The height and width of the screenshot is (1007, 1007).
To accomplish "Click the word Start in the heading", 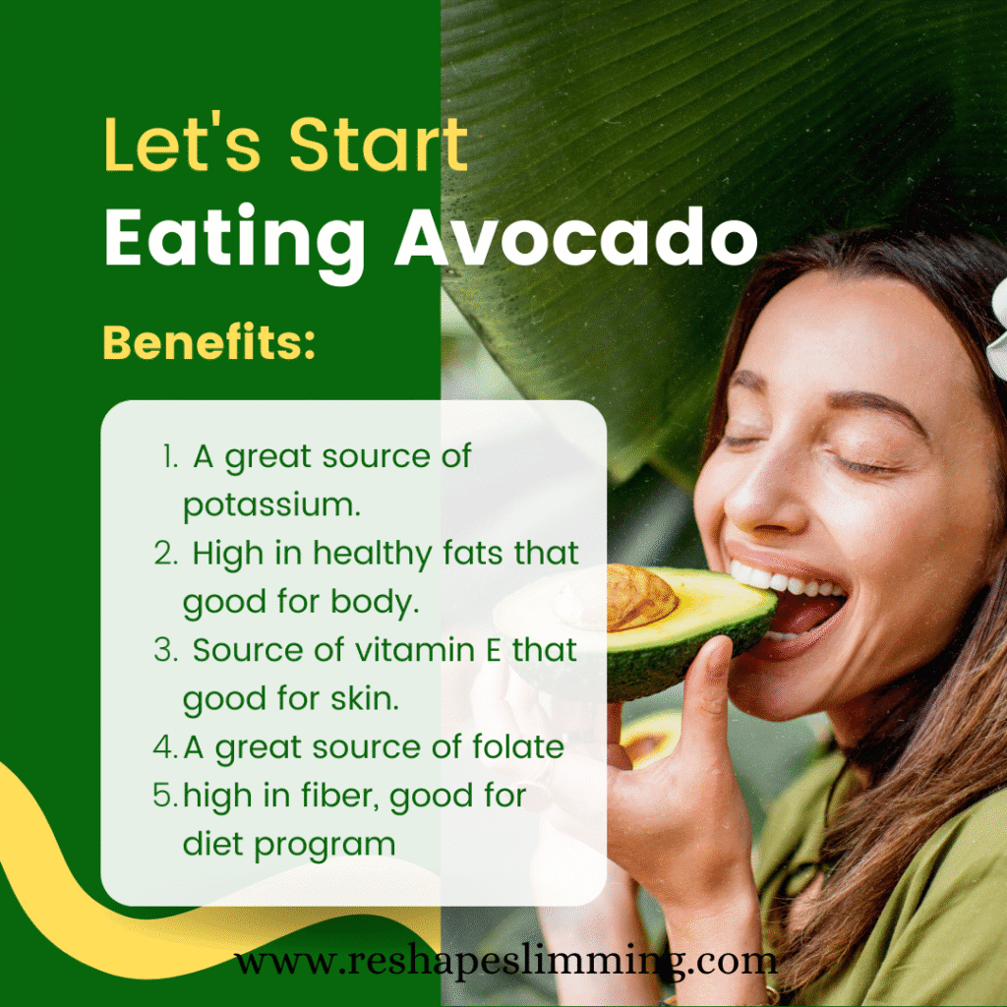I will pos(377,145).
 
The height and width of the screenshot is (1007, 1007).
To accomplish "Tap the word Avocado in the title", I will pos(576,239).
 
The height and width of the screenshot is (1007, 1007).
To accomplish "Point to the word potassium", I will pos(271,505).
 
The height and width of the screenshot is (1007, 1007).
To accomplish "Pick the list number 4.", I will pos(164,747).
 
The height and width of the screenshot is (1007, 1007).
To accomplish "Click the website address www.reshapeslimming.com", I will pos(504,960).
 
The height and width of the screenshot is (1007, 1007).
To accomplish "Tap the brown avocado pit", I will pos(640,595).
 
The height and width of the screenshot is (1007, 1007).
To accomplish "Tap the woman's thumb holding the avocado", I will pos(710,688).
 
